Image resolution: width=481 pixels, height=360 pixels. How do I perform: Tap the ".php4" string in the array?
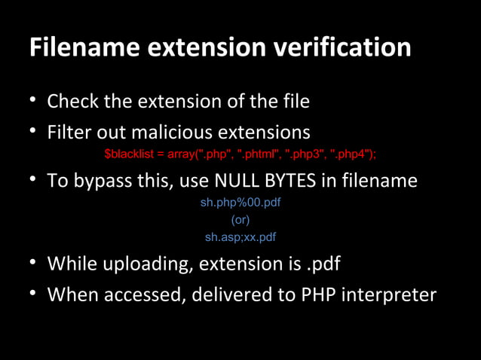pyautogui.click(x=351, y=154)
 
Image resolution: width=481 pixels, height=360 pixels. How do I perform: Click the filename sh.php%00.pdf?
pyautogui.click(x=240, y=203)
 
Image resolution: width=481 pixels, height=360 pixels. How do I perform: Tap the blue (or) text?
pyautogui.click(x=240, y=220)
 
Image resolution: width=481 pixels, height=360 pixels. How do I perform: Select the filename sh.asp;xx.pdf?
pyautogui.click(x=240, y=237)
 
